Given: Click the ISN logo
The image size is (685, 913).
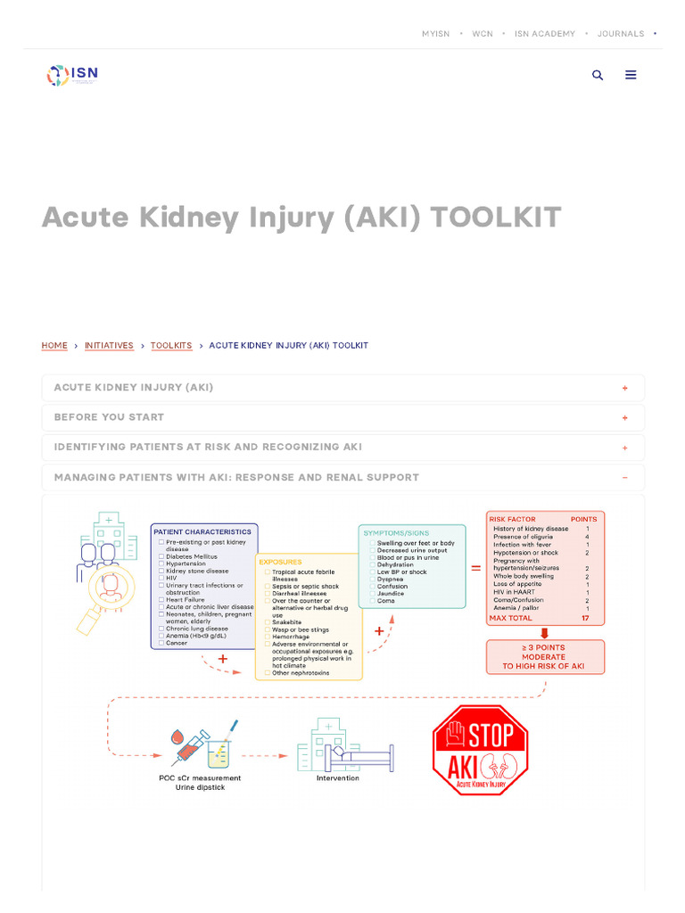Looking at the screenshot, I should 72,75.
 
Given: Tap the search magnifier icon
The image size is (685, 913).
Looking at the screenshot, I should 598,75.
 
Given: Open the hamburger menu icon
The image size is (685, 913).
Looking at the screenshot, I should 631,75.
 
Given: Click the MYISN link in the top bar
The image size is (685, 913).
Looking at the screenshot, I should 435,34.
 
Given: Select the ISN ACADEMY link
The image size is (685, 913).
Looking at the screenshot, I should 544,34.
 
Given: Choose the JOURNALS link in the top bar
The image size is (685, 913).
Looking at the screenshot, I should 620,34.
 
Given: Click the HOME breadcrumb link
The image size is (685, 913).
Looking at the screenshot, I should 54,345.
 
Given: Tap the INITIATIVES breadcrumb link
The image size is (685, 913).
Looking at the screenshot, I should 109,345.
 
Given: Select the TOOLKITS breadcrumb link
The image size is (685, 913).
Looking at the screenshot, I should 171,345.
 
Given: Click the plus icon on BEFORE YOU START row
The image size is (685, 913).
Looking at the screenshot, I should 624,417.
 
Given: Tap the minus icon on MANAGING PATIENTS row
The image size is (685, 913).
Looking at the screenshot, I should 624,478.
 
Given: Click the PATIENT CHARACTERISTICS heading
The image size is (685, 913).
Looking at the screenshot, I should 202,531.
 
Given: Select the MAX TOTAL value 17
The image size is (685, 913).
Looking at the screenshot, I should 585,618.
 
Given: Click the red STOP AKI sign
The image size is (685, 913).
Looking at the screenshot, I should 480,750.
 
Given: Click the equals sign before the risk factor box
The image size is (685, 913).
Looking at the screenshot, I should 475,567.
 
